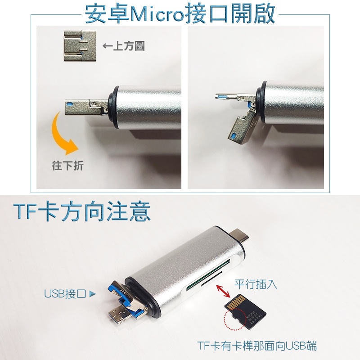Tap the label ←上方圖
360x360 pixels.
(123, 46)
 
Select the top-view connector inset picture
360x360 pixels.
(80, 46)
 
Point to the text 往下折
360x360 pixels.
(67, 166)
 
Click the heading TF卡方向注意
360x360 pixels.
(82, 211)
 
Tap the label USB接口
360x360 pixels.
(65, 294)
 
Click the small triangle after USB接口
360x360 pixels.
(92, 294)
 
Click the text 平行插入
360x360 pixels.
(256, 284)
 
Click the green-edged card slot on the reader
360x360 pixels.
(208, 274)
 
